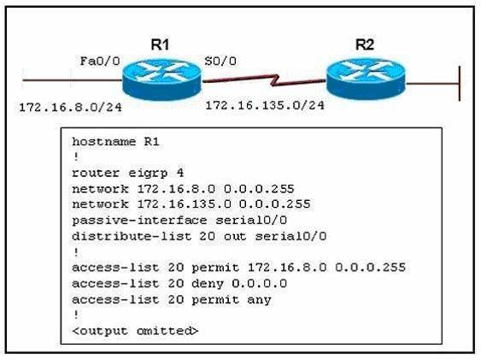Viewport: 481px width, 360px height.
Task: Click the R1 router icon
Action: coord(161,79)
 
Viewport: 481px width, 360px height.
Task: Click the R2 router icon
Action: coord(366,79)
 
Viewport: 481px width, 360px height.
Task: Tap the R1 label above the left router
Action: coord(160,44)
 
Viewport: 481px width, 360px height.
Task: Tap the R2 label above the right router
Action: coord(365,44)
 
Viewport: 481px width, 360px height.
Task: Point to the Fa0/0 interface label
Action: coord(100,61)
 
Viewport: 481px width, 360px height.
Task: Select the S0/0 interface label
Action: coord(220,61)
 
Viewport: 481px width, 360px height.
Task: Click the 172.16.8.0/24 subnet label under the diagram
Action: coord(71,108)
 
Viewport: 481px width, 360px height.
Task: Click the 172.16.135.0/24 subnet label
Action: coord(265,105)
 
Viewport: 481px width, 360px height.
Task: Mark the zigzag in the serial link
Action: coord(275,80)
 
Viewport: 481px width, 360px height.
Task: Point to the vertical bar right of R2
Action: coord(460,84)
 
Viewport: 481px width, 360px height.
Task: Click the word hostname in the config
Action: coord(103,142)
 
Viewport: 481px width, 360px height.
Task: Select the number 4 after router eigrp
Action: coord(180,173)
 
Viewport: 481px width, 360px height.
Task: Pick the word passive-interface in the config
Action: coord(139,221)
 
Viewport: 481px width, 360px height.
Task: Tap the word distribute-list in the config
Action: coord(132,236)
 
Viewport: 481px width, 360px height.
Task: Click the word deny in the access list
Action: coord(208,284)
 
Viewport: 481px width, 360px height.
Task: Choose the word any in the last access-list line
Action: coord(259,300)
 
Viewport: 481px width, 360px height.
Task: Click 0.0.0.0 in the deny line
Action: coord(259,284)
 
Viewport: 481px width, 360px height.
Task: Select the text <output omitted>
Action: coord(135,331)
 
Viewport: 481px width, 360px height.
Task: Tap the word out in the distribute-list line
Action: coord(235,236)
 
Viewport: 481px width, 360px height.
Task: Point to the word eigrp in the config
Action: coord(148,174)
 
